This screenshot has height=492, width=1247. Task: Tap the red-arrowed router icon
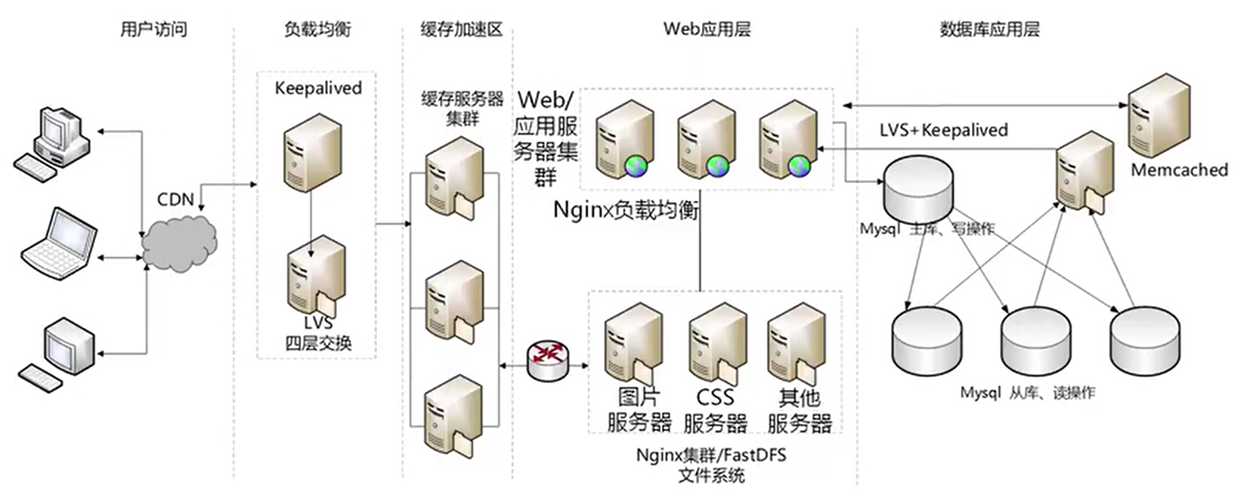point(548,360)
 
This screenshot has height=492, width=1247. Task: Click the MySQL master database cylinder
point(919,189)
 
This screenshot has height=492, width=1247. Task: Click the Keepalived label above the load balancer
point(318,88)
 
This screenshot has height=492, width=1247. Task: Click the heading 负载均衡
point(317,29)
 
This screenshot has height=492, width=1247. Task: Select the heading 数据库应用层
point(990,29)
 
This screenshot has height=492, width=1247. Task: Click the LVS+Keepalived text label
point(944,130)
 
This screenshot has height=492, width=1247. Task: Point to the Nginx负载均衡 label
point(626,210)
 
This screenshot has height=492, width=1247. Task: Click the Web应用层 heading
point(707,29)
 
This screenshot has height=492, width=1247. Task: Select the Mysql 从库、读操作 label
point(1028,393)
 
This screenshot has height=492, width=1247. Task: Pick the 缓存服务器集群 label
point(462,109)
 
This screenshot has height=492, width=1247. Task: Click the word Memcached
point(1179,170)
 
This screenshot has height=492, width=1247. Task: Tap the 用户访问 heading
point(153,29)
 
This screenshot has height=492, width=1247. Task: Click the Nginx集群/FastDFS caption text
point(711,455)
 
